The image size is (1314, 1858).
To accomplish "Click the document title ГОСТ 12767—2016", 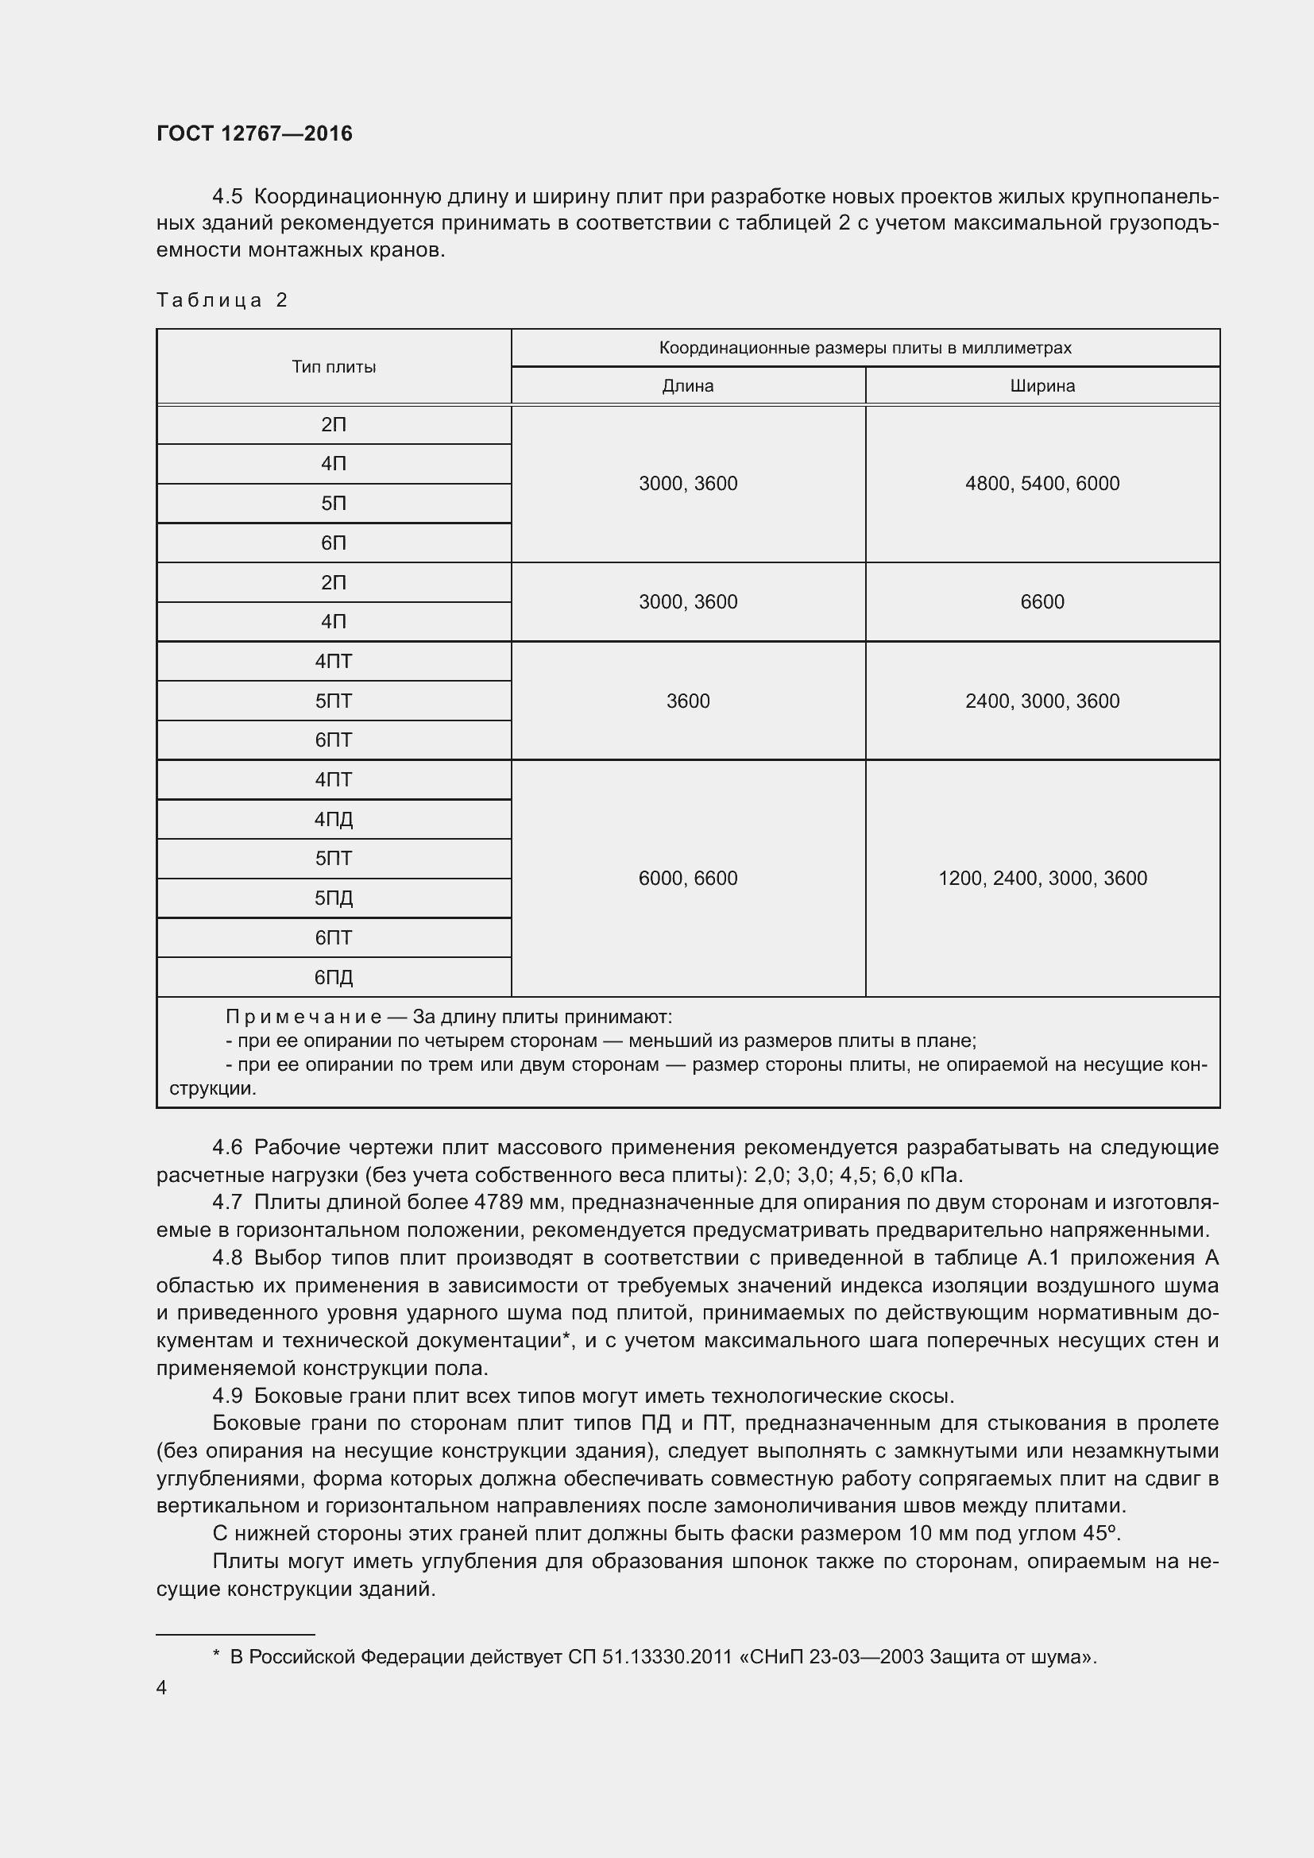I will tap(254, 133).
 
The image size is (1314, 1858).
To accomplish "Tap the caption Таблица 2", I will tap(222, 300).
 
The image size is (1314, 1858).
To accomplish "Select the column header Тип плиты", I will tap(334, 366).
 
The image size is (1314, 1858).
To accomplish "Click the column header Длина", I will tap(688, 386).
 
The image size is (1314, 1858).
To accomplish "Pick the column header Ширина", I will tap(1042, 386).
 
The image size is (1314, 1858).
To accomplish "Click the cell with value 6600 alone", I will tap(1042, 602).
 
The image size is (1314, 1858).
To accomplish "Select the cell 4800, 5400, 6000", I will tap(1042, 484).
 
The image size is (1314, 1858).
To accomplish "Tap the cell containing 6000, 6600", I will tap(688, 879).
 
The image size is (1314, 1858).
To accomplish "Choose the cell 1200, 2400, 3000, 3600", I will tap(1042, 879).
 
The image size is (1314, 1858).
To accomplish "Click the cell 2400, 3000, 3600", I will tap(1042, 701).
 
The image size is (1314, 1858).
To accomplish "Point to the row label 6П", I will tap(334, 543).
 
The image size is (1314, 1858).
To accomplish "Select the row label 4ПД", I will tap(334, 820).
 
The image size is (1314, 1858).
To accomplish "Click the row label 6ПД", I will tap(334, 978).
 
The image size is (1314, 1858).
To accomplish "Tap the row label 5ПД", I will tap(334, 898).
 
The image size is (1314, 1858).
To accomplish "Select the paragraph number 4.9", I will tap(227, 1396).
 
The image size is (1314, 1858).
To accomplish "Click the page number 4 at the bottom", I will tap(161, 1687).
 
